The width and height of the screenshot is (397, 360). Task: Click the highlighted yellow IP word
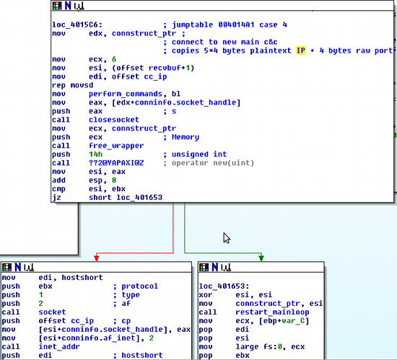(300, 51)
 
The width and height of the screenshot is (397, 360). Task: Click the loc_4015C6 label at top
(77, 25)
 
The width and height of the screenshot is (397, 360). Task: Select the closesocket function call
(114, 120)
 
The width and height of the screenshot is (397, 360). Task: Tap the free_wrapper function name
(116, 146)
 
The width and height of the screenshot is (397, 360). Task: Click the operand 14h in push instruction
(95, 154)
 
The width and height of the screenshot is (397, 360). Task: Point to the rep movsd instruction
(73, 85)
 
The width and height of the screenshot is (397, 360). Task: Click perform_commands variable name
(126, 94)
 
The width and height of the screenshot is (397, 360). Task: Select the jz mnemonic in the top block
(56, 198)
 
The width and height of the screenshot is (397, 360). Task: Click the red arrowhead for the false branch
(97, 258)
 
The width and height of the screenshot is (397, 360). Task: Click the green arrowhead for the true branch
(261, 258)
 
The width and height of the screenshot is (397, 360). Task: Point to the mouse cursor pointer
(227, 238)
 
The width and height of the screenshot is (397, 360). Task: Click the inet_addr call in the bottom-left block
(59, 346)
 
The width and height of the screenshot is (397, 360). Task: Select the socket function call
(52, 312)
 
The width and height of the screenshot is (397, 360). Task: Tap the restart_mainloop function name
(272, 312)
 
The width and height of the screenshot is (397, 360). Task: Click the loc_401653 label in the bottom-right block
(224, 286)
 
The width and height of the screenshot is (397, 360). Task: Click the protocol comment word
(139, 286)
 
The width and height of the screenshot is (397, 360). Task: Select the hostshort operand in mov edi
(82, 278)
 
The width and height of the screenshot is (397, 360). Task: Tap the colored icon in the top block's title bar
(57, 6)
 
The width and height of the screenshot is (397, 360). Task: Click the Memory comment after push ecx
(186, 137)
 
